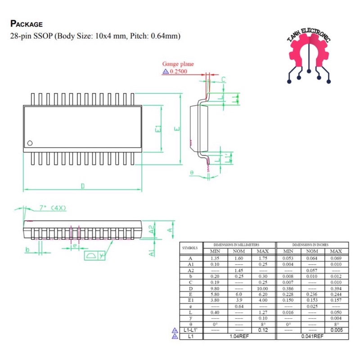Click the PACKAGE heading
(26, 24)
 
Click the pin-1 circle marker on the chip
(30, 143)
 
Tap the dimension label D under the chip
(82, 186)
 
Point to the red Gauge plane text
(178, 64)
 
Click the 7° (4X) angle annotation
(53, 208)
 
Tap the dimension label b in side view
(27, 249)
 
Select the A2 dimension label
(152, 229)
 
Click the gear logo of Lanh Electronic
(309, 56)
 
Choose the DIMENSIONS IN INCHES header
(312, 244)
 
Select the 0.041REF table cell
(312, 336)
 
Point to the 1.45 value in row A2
(238, 270)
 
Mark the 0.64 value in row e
(238, 306)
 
